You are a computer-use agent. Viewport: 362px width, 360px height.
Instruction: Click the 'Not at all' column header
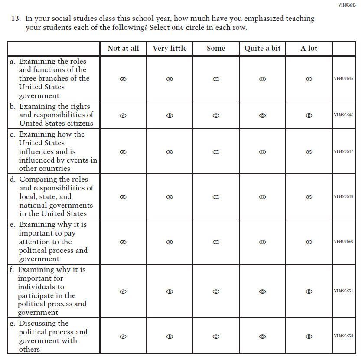click(123, 48)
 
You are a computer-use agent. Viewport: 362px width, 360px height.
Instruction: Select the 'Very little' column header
click(170, 48)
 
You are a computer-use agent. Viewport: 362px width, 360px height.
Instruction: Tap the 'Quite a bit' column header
click(262, 48)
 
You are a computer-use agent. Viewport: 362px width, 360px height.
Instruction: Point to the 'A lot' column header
click(309, 48)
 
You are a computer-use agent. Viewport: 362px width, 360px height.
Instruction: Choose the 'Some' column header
click(216, 48)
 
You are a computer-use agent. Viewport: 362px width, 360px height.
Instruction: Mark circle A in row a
click(123, 79)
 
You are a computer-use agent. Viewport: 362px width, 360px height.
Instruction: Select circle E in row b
click(309, 115)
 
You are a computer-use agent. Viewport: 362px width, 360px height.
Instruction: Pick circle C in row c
click(216, 152)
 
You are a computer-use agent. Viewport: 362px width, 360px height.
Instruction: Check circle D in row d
click(262, 197)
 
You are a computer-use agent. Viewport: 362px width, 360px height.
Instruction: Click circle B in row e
click(170, 242)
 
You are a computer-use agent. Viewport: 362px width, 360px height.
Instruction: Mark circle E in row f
click(309, 291)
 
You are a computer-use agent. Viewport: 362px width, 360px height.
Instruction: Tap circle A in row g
click(123, 336)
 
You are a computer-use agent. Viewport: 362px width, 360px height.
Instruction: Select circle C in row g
click(216, 336)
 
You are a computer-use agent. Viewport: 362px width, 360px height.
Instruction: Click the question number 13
click(16, 19)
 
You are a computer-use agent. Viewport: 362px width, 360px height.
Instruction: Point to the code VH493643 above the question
click(347, 5)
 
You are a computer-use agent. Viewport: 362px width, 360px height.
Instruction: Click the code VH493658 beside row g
click(343, 336)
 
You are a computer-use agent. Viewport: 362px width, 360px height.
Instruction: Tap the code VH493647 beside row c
click(343, 151)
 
